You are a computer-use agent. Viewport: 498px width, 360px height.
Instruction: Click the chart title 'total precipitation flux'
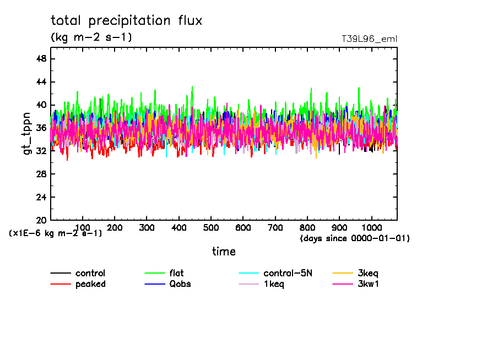coord(127,21)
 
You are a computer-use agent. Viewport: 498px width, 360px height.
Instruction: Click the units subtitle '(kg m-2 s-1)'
coord(91,37)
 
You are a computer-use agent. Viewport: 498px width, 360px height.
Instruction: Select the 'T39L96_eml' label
coord(369,39)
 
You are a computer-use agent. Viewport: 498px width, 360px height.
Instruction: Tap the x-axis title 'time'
coord(224,252)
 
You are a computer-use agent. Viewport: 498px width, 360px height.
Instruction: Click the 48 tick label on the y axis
coord(41,59)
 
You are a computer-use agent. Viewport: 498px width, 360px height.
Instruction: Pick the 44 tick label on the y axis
coord(41,82)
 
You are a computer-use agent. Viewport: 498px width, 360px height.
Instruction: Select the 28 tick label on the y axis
coord(41,174)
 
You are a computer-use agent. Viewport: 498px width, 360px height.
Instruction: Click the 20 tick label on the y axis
coord(41,220)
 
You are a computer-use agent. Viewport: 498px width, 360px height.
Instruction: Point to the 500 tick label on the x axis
coord(211,228)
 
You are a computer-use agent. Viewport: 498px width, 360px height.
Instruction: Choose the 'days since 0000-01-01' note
coord(355,238)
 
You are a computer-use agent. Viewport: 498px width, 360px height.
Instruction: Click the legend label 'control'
coord(90,274)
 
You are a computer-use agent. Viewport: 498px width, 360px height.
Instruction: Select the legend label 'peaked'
coord(90,284)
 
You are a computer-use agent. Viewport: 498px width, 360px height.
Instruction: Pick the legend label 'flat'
coord(177,274)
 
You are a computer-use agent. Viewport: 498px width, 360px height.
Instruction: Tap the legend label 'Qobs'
coord(180,284)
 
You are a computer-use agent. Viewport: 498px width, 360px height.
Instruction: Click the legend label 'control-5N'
coord(288,274)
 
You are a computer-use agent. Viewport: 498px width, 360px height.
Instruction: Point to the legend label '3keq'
coord(368,274)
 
